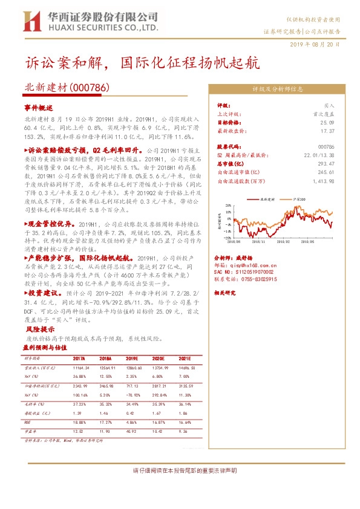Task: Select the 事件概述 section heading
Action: tap(39, 106)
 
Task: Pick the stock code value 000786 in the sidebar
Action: tap(326, 146)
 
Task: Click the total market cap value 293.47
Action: tap(326, 163)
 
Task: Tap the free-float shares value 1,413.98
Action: tap(322, 180)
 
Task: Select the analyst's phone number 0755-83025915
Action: tap(254, 280)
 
